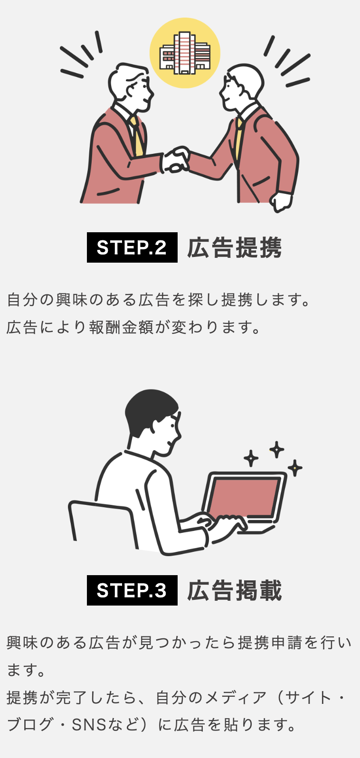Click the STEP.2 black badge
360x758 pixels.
click(132, 247)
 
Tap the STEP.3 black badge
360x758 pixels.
click(132, 590)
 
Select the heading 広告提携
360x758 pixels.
click(235, 248)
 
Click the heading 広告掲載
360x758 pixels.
click(235, 590)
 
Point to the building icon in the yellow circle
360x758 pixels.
click(185, 53)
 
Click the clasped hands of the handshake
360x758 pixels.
click(175, 159)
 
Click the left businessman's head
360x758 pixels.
click(130, 87)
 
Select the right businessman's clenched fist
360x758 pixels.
click(281, 202)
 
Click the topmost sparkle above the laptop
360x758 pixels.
click(277, 450)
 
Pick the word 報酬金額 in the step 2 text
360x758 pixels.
click(122, 327)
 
